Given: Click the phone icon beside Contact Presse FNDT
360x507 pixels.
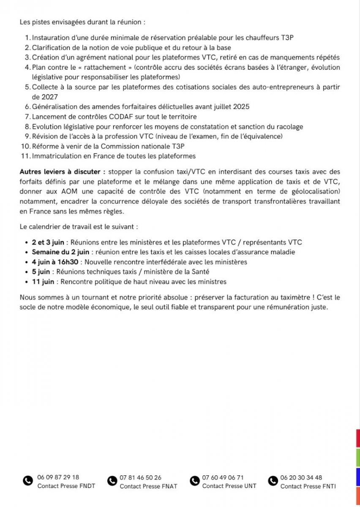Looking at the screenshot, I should click(x=27, y=481).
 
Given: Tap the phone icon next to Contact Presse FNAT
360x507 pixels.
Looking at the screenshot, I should click(x=112, y=481).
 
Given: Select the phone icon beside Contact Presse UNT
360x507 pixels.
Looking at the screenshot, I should click(x=194, y=481).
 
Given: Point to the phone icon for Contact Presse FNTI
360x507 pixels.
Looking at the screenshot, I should click(x=273, y=481).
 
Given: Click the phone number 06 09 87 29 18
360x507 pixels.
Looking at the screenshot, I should click(x=58, y=477).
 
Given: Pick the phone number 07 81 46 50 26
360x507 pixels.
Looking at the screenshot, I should click(x=140, y=477).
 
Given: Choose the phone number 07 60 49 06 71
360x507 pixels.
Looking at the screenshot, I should click(x=223, y=477).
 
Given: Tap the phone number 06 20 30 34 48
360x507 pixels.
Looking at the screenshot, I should click(x=301, y=477).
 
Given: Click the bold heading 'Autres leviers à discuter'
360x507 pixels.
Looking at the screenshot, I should click(x=62, y=172).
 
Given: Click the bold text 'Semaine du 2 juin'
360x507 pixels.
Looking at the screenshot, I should click(x=60, y=252).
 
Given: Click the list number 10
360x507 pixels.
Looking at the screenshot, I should click(x=25, y=146).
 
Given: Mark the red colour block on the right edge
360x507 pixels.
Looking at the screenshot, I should click(x=358, y=439).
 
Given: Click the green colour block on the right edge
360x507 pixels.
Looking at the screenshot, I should click(x=358, y=458).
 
